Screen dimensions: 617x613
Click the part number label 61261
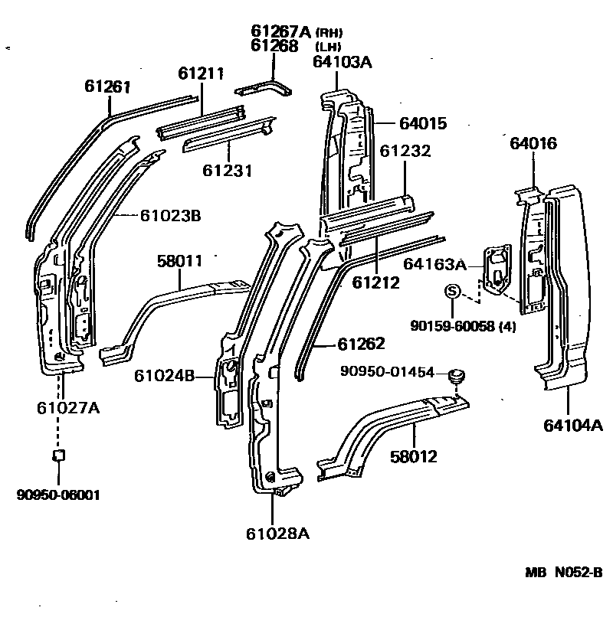click(x=107, y=86)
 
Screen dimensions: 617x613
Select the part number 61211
click(x=201, y=73)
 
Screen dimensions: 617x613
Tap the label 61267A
click(x=280, y=31)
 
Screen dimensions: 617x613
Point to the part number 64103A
click(x=342, y=62)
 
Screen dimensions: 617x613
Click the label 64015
click(x=423, y=123)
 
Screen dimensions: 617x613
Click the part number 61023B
click(x=170, y=216)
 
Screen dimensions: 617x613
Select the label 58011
click(x=180, y=262)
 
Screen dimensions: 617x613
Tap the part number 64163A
click(x=435, y=266)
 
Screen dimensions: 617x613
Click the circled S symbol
click(x=452, y=290)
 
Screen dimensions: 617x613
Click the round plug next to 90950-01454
click(x=458, y=376)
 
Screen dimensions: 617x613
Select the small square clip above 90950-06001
click(x=57, y=455)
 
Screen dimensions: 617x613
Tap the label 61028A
click(x=278, y=534)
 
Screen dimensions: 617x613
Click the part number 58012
click(x=414, y=456)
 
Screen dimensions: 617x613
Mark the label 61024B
click(x=164, y=376)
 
